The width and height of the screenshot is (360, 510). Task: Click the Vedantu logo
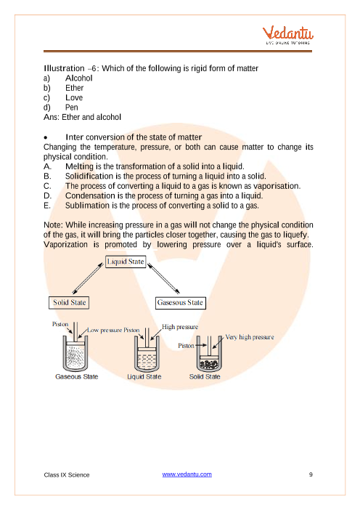(288, 35)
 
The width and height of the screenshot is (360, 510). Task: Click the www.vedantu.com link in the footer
(187, 474)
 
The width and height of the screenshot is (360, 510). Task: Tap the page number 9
(311, 474)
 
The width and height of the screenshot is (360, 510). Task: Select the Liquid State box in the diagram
(126, 262)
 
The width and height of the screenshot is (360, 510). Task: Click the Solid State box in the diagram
(69, 302)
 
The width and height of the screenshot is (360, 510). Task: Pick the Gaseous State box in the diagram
(180, 303)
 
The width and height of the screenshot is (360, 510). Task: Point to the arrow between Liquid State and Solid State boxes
(88, 278)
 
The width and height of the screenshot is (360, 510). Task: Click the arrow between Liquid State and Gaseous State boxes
(163, 278)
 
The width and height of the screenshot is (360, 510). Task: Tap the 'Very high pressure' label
(250, 337)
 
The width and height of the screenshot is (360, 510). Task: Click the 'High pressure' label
(180, 326)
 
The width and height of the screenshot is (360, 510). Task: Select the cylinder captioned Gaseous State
(75, 353)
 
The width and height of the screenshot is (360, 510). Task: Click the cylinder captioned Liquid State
(147, 353)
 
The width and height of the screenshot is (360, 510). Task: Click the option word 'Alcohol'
(79, 78)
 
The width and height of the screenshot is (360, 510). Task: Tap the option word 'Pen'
(72, 108)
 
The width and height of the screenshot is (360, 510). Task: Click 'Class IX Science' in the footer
(67, 475)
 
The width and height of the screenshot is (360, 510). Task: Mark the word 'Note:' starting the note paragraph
(53, 225)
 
